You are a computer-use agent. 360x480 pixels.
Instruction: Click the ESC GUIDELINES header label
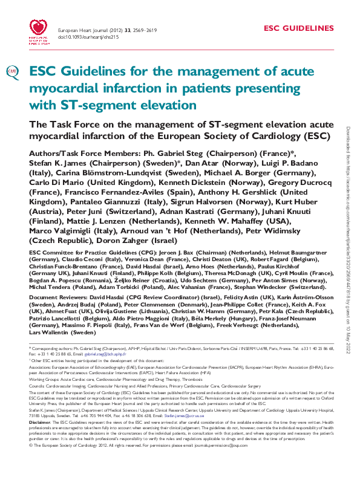click(x=299, y=28)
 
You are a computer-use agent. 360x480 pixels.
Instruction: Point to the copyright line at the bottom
click(x=138, y=462)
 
